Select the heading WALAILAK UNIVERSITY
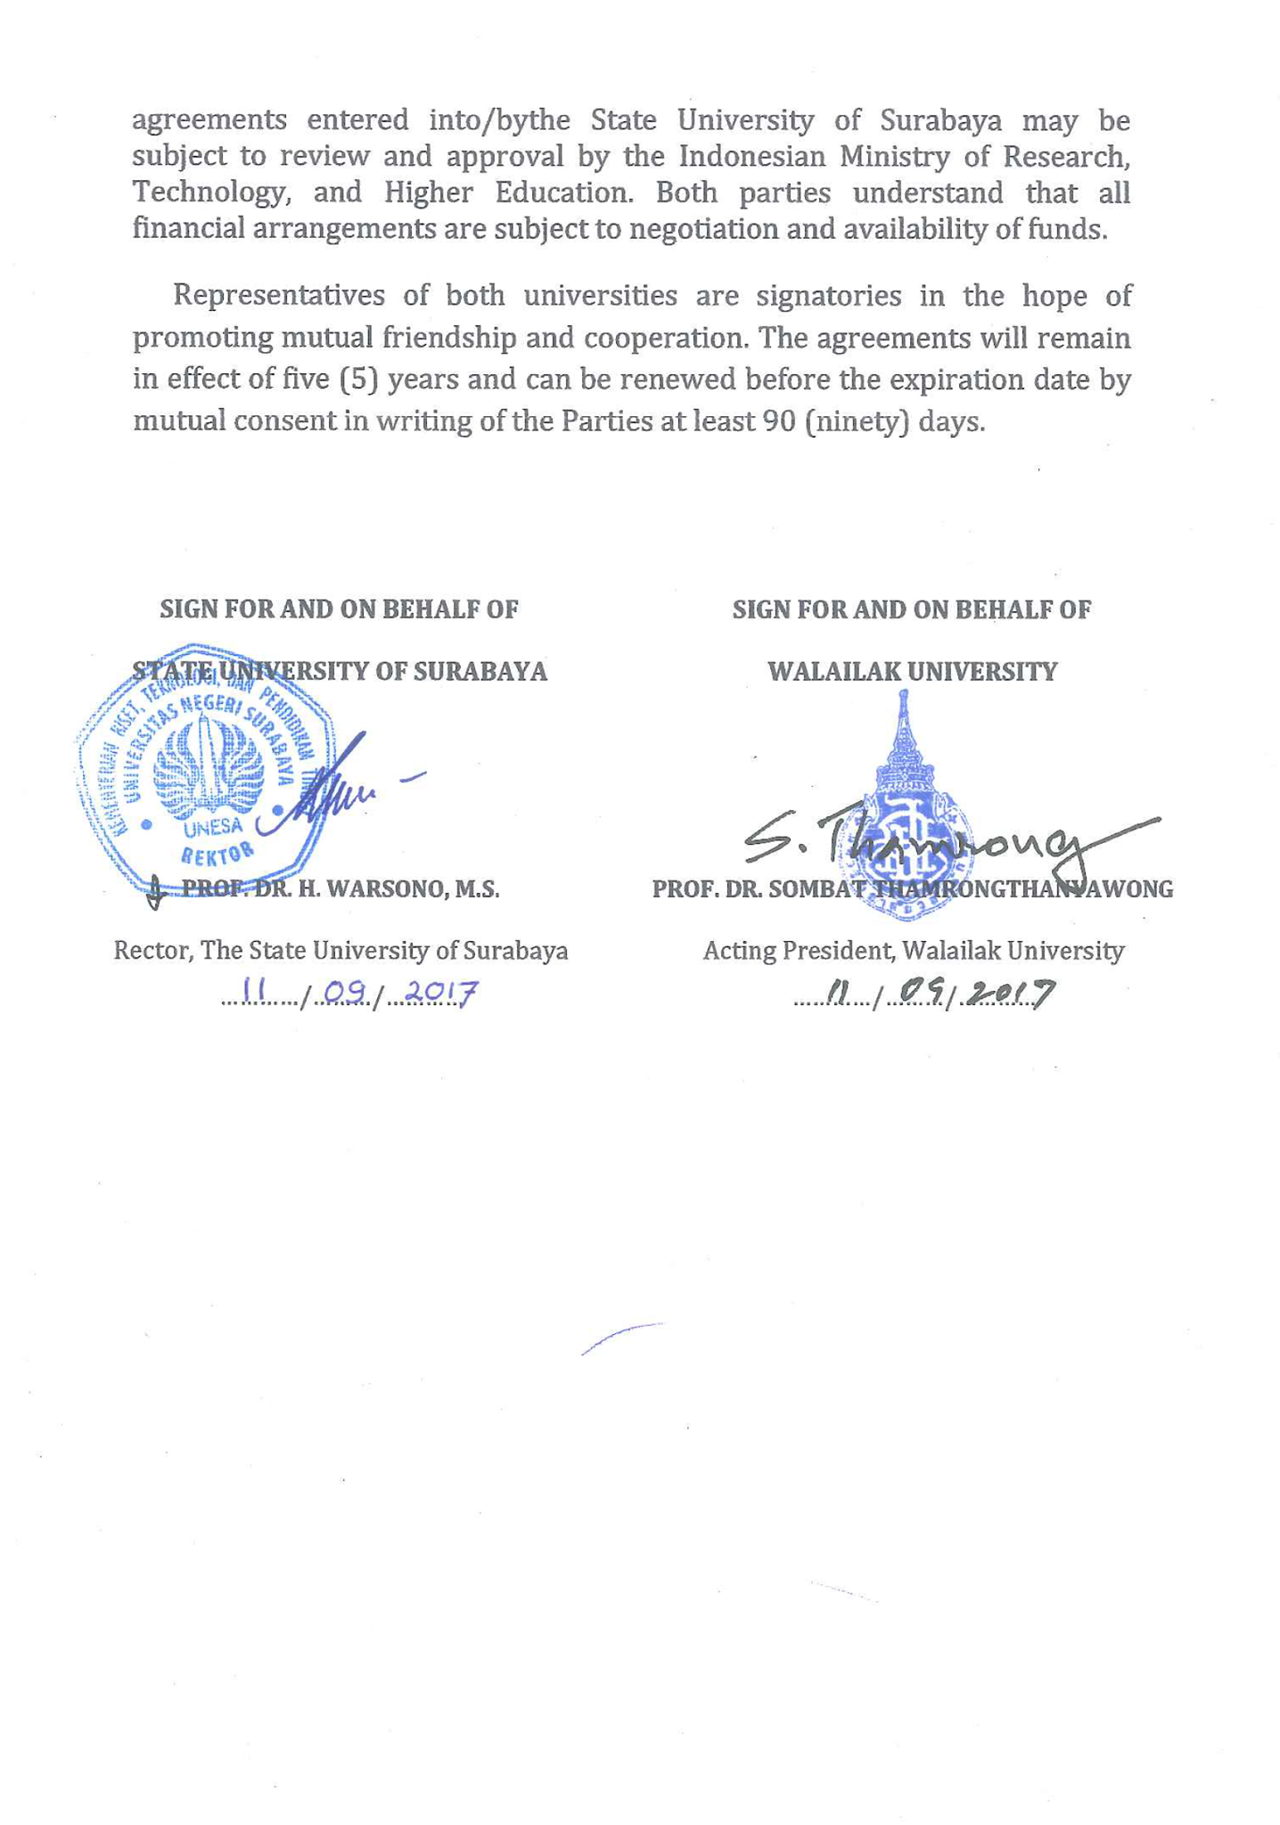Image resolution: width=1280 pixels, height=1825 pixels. [x=912, y=671]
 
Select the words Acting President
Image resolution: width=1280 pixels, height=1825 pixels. [x=798, y=951]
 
